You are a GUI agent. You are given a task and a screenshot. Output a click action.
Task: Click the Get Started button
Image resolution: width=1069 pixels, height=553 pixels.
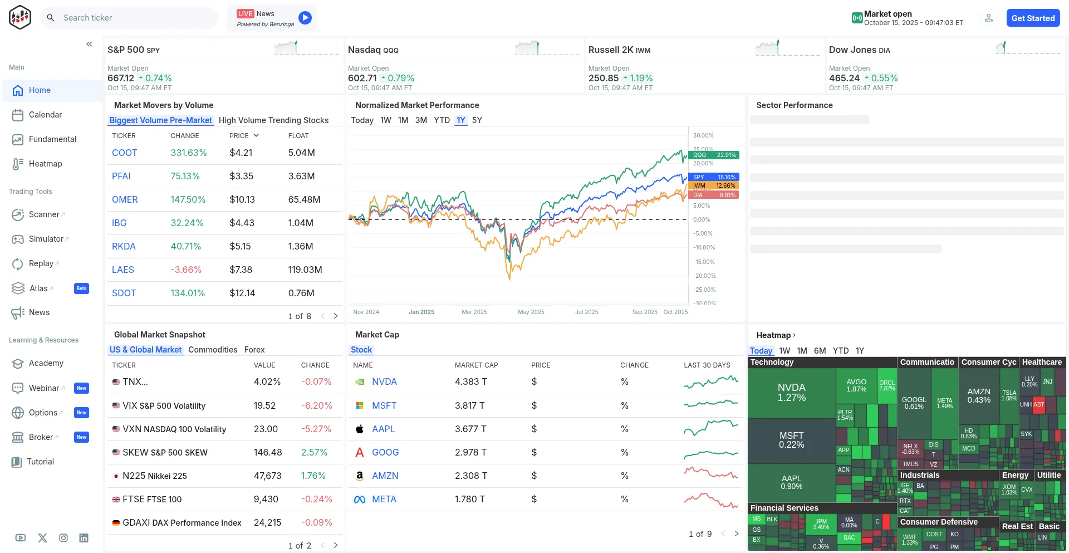click(x=1033, y=18)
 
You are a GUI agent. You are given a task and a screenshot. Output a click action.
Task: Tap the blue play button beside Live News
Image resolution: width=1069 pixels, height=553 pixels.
click(x=305, y=18)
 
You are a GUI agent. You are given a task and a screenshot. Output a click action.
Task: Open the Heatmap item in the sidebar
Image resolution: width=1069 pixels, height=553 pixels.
click(x=45, y=164)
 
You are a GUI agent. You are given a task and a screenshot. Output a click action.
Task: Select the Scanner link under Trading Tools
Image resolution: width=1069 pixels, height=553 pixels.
click(x=44, y=214)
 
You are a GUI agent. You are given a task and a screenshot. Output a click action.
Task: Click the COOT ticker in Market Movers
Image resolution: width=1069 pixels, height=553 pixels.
click(x=124, y=153)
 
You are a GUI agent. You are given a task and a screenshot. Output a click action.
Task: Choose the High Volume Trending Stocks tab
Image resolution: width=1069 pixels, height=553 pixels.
click(x=273, y=120)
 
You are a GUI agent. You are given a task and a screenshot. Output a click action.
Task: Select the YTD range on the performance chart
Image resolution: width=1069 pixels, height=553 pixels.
click(x=442, y=120)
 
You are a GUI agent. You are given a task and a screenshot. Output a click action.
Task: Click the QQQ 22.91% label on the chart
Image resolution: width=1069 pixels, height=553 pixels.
click(x=714, y=155)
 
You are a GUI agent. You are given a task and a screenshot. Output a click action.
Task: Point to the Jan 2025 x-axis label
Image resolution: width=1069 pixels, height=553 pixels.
click(x=421, y=312)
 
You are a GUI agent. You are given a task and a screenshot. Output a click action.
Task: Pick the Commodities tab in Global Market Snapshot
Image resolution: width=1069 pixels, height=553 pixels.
click(x=213, y=350)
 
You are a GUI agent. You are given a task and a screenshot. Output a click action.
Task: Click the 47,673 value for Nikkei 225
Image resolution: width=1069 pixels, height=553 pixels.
click(x=267, y=476)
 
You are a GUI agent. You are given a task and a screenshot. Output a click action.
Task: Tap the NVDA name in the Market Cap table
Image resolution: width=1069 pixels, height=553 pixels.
click(x=384, y=381)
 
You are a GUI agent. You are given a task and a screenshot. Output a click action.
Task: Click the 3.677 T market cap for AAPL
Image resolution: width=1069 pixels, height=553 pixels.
click(x=470, y=429)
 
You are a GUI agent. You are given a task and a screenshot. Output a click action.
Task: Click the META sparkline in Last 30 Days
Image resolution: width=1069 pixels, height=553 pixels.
click(x=710, y=500)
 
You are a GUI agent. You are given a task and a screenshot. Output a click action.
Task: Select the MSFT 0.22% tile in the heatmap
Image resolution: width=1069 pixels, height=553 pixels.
click(x=791, y=440)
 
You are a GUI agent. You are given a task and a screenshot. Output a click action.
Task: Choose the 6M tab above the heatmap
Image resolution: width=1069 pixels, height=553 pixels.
click(x=820, y=351)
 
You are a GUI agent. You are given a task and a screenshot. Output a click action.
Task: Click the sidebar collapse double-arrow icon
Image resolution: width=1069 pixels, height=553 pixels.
click(x=89, y=44)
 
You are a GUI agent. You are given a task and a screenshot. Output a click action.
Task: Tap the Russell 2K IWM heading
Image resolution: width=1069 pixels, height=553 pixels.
click(x=619, y=50)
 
